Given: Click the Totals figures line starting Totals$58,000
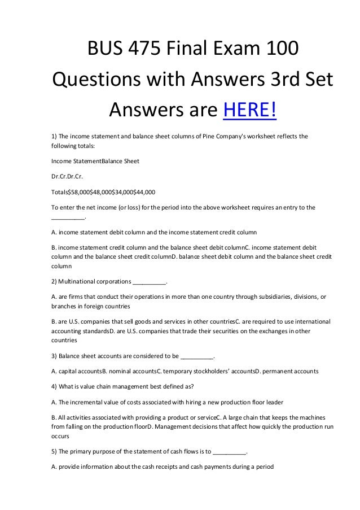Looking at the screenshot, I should pos(103,191).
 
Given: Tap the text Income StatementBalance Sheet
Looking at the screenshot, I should pos(95,161).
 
